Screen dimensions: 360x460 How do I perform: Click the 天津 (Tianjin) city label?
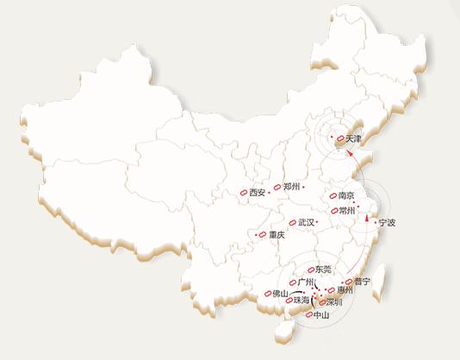point(354,139)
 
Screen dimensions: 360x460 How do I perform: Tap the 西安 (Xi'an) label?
point(257,193)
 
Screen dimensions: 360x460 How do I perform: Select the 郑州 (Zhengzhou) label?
point(290,187)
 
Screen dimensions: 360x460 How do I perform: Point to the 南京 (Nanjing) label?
point(347,196)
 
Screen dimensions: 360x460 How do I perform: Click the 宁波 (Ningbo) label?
point(388,223)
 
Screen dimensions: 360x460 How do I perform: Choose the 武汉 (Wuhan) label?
point(306,222)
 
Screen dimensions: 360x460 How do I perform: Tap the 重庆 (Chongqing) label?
point(276,235)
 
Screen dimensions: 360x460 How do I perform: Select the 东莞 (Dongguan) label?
point(323,270)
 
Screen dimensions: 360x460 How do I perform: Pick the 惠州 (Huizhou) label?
point(346,291)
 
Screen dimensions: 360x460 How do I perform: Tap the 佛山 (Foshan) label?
point(280,294)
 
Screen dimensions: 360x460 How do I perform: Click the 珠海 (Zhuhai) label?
point(300,301)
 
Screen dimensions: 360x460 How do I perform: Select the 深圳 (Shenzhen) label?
point(333,302)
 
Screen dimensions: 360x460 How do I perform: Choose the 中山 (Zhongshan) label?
point(320,316)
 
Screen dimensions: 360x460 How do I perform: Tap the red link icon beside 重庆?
point(263,234)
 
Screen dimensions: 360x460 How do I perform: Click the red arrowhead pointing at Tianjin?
point(350,152)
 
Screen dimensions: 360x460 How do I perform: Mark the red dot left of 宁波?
point(375,223)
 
